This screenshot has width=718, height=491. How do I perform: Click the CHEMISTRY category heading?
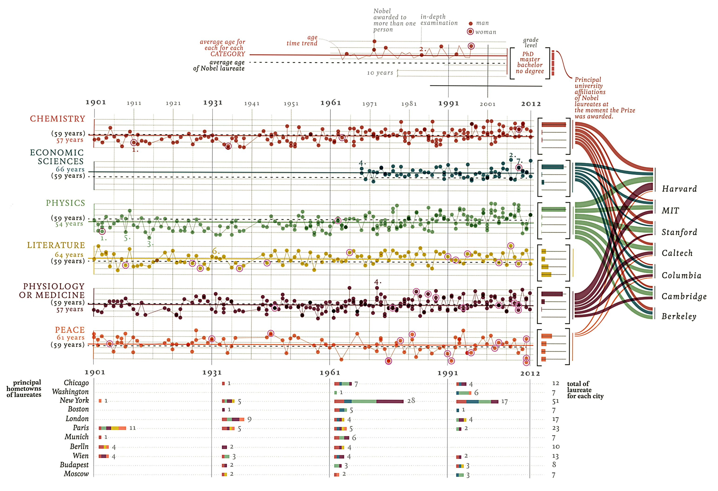coord(57,119)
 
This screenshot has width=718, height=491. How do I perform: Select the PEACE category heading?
coord(70,330)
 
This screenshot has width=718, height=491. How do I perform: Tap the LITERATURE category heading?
coord(56,245)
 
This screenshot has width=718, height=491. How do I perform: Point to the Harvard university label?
coord(679,189)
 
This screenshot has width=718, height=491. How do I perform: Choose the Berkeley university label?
coord(679,316)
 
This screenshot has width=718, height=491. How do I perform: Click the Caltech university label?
coord(677,253)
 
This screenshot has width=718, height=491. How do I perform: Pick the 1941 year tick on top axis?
coord(252,104)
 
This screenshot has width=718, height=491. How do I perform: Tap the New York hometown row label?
coord(74,400)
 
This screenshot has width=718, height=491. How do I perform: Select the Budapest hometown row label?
coord(74,465)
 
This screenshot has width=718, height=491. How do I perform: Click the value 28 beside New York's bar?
coord(411,401)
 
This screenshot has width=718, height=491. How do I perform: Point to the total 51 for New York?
coord(555,401)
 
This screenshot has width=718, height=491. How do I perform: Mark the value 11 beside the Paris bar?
coord(133,428)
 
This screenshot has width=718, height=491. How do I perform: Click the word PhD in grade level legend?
coord(528,54)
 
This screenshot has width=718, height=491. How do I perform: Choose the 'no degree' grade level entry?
coord(530,71)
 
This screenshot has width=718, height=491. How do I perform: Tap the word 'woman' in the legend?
coord(486,32)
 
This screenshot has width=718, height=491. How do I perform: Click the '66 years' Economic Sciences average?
coord(70,169)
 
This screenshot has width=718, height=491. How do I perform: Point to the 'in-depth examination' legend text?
coord(439,20)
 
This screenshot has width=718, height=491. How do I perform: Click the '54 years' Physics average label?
coord(69,224)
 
